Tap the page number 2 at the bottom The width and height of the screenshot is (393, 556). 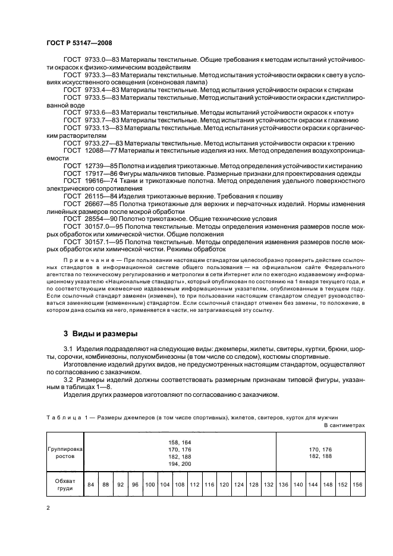pyautogui.click(x=48, y=508)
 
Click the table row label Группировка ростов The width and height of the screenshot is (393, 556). pyautogui.click(x=65, y=454)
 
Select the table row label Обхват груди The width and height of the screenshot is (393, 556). pyautogui.click(x=65, y=485)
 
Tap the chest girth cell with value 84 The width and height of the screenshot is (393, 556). pyautogui.click(x=91, y=485)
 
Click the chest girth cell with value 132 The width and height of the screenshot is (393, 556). pyautogui.click(x=268, y=485)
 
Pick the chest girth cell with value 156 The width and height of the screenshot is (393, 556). pyautogui.click(x=357, y=485)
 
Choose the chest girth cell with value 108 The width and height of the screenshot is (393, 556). pyautogui.click(x=180, y=485)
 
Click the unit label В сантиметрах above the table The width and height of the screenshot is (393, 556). pyautogui.click(x=344, y=425)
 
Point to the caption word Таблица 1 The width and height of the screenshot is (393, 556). pyautogui.click(x=68, y=418)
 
